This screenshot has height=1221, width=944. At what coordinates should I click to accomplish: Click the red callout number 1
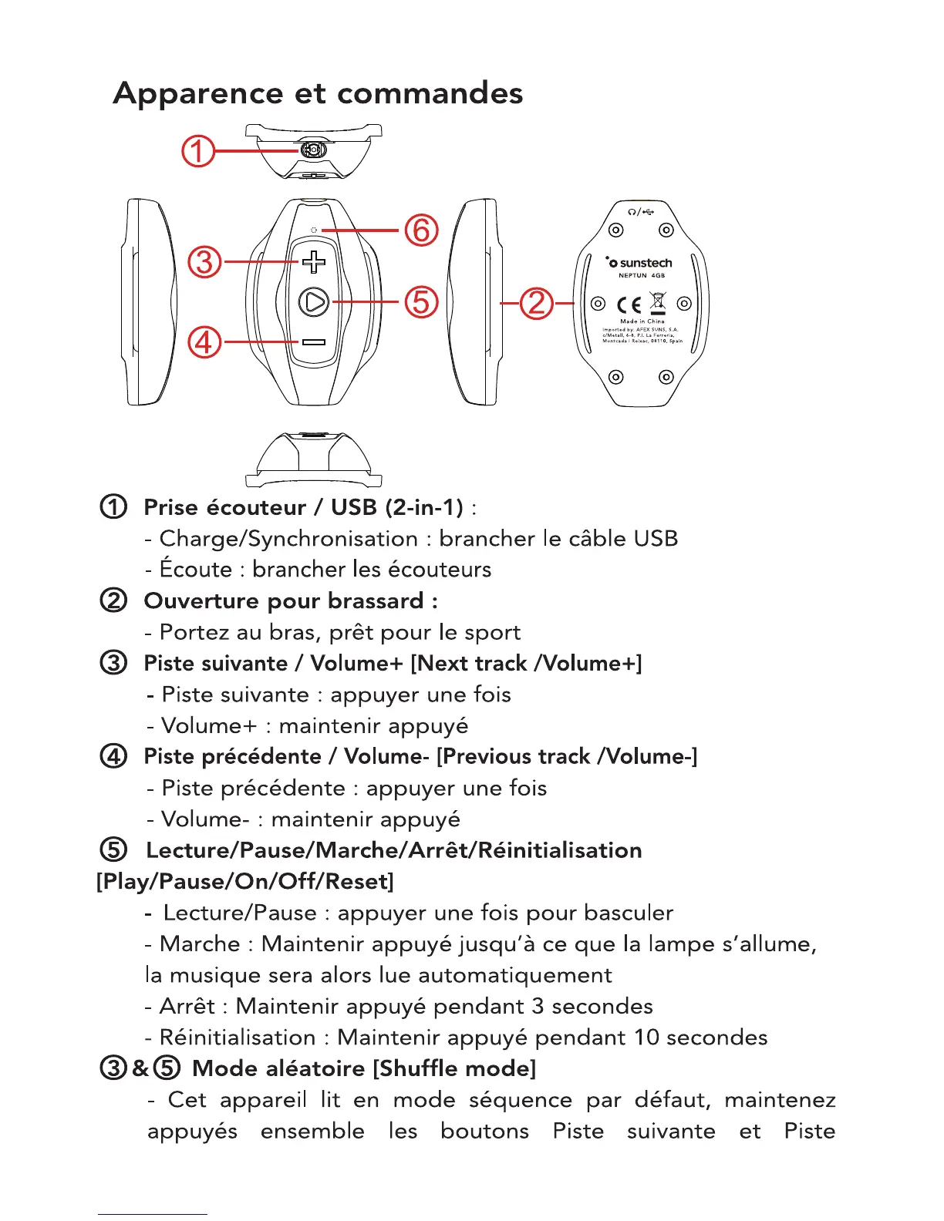coord(197,151)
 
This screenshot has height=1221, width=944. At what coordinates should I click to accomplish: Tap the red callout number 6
coord(422,230)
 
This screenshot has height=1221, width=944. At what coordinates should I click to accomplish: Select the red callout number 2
coord(537,303)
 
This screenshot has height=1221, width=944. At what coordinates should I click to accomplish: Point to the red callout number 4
coord(204,341)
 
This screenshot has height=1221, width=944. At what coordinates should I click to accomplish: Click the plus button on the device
coord(313,262)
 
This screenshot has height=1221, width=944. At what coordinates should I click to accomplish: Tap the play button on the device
coord(314,302)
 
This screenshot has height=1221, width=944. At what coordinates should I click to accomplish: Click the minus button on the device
coord(313,342)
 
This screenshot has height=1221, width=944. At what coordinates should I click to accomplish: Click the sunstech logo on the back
coord(639,263)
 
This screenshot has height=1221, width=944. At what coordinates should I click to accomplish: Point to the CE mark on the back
coord(628,304)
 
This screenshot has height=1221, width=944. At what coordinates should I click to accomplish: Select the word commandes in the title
coord(430,94)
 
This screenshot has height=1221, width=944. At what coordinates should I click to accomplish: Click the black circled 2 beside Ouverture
coord(113,600)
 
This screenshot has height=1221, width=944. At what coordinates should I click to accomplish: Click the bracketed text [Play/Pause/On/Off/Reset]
coord(244,881)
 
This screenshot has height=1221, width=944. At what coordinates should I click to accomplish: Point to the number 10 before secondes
coord(646,1038)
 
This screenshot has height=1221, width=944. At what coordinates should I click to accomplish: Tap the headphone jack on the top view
coord(312,150)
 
